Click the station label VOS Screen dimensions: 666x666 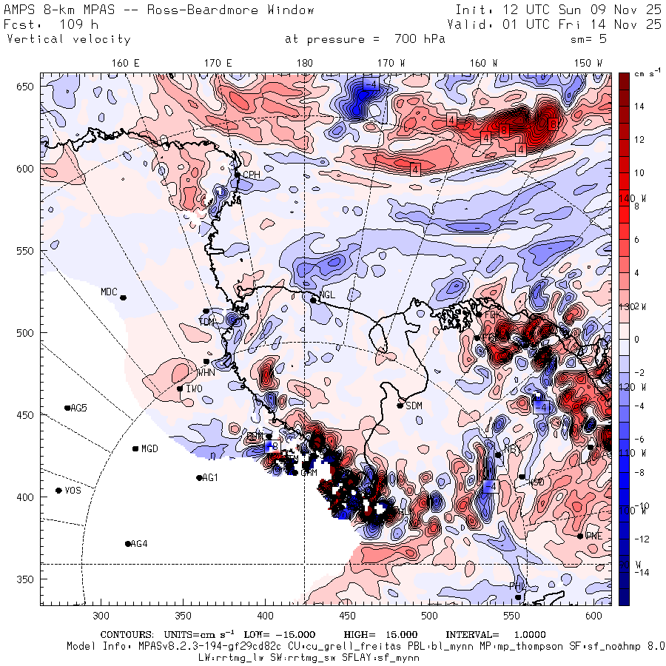[x=73, y=491]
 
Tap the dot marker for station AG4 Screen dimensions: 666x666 [x=127, y=544]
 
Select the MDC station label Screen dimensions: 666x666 [x=109, y=292]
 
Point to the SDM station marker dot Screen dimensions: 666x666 [x=400, y=405]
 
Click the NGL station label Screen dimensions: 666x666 [x=327, y=295]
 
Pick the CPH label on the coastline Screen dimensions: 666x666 [x=252, y=175]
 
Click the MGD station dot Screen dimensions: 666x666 [x=135, y=448]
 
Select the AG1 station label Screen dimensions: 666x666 [x=210, y=478]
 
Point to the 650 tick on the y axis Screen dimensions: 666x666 [x=28, y=87]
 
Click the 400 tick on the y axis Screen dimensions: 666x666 [x=28, y=497]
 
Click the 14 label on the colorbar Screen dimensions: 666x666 [x=639, y=107]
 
